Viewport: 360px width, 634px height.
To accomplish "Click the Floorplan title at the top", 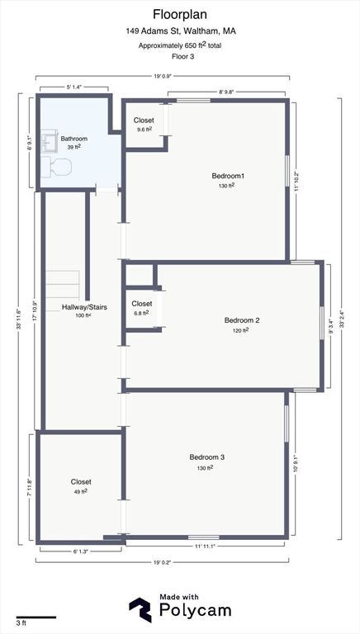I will point(180,14).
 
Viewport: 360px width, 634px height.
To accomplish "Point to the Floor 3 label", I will point(180,57).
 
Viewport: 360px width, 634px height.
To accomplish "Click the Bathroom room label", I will point(73,139).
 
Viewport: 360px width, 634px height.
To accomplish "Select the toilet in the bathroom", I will point(59,168).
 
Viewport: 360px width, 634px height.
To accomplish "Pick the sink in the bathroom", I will point(48,142).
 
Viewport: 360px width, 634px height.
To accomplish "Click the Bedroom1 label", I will point(228,176).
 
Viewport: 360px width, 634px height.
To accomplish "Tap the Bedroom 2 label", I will point(242,320).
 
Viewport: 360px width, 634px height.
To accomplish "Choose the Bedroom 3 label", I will point(207,457).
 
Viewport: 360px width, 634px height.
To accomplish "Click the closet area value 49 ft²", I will point(81,491).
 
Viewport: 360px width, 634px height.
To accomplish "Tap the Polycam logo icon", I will point(140,609).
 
